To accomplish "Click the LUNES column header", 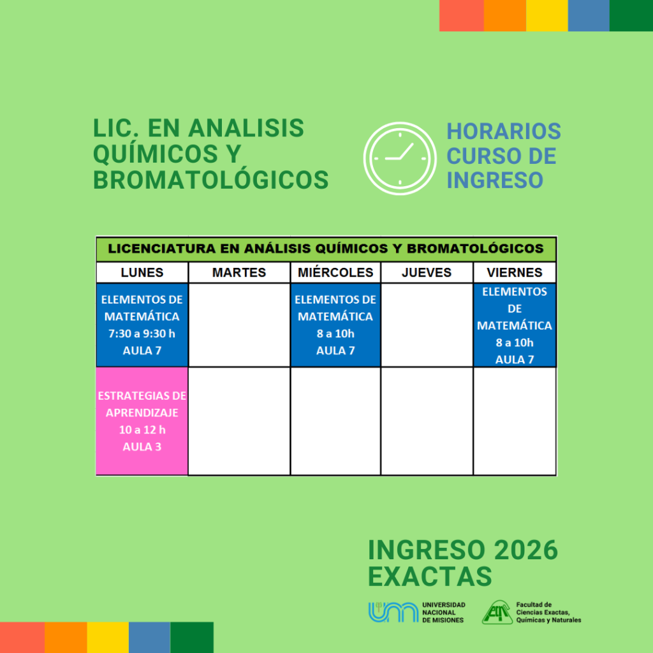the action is point(142,272).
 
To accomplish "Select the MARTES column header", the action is point(239,272).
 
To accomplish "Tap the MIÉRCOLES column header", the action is point(335,272).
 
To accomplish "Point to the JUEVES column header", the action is point(427,272).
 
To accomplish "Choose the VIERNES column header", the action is point(515,272).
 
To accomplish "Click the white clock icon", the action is point(400,158).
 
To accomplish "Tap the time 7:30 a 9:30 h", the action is point(142,334).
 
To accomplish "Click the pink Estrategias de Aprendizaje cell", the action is point(142,421).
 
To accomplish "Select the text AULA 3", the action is point(142,447).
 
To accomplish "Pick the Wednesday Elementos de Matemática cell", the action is point(335,325).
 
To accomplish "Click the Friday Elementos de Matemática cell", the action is point(515,325).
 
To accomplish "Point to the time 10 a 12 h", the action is point(142,430).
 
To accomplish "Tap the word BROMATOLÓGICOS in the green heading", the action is point(210,180).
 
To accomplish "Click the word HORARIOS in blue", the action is point(504,131).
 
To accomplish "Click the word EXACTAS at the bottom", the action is point(430,576).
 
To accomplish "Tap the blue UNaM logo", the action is point(393,612).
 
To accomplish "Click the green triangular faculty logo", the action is point(497,612).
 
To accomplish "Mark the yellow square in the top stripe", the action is point(547,15).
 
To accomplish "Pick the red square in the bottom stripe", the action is point(22,638).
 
